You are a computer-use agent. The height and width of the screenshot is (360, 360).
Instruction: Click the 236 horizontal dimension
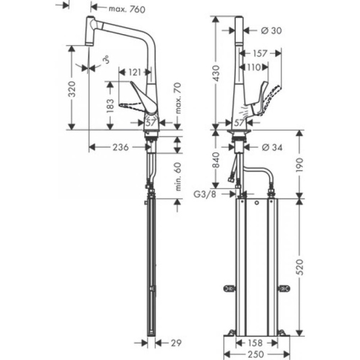121,147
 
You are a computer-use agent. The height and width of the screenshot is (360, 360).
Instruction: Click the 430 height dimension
217,73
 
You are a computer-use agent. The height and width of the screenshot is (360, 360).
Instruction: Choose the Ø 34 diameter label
272,147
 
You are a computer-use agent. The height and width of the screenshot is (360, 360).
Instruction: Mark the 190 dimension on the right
301,164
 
